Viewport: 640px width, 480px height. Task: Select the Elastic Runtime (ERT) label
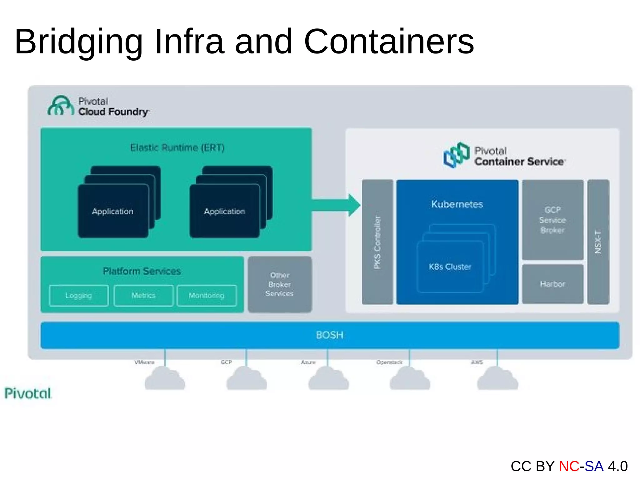coord(177,148)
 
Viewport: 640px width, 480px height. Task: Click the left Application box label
coord(112,211)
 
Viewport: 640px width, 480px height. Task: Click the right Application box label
coord(224,211)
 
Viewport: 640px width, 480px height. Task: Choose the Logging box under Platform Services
coord(79,295)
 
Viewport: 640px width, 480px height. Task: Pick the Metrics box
coord(143,295)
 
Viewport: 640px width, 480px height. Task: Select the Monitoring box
coord(207,295)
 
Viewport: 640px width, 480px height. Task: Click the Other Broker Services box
coord(280,284)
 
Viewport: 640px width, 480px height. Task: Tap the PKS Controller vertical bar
coord(377,242)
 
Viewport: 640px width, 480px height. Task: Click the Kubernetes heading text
coord(457,204)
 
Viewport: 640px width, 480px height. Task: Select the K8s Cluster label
coord(450,267)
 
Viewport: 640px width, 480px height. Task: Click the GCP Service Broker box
coord(552,220)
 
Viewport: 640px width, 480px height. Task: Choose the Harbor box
coord(552,284)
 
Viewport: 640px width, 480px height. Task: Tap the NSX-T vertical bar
coord(598,242)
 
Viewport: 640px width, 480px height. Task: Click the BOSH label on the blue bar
coord(330,335)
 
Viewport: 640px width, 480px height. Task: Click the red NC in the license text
coord(569,466)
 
